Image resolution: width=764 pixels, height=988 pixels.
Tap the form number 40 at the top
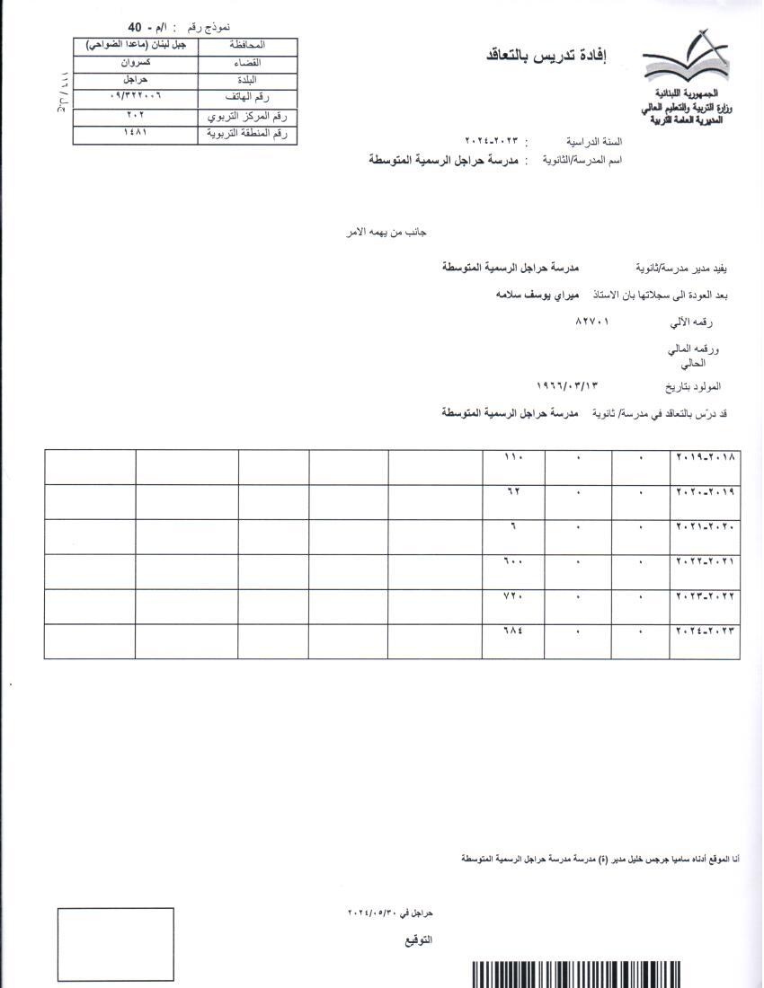(136, 27)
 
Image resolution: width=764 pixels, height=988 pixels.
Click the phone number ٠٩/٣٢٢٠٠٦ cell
(135, 95)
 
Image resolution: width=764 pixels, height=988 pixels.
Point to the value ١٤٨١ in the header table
(135, 133)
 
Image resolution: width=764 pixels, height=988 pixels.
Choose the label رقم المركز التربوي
(247, 116)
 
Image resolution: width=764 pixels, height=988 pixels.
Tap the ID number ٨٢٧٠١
(592, 320)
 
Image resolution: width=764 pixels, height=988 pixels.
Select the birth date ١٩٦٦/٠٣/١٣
(567, 385)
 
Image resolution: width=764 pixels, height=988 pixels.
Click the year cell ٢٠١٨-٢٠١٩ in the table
(706, 457)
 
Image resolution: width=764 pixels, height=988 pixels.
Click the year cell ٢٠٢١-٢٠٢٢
(706, 561)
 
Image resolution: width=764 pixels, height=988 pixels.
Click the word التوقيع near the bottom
(418, 940)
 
